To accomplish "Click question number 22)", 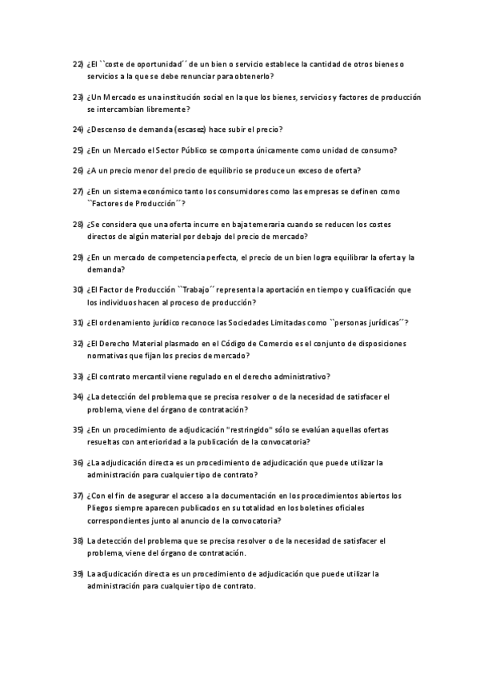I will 78,63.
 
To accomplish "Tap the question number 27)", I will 78,192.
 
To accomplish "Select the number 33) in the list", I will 78,376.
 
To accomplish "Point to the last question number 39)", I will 78,573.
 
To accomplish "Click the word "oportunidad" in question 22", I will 156,63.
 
